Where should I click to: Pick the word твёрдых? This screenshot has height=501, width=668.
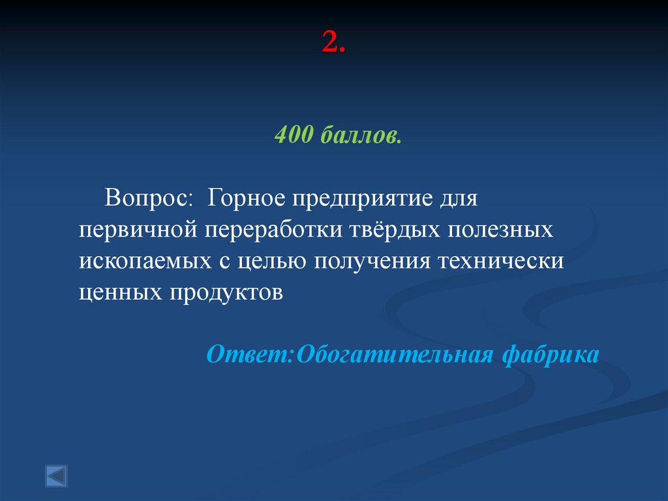[x=386, y=229]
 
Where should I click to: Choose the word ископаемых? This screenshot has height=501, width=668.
[x=142, y=261]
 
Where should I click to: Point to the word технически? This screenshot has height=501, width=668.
[x=500, y=261]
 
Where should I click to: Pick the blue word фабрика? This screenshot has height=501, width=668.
[x=550, y=355]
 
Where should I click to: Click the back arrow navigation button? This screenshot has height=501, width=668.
[x=56, y=475]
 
